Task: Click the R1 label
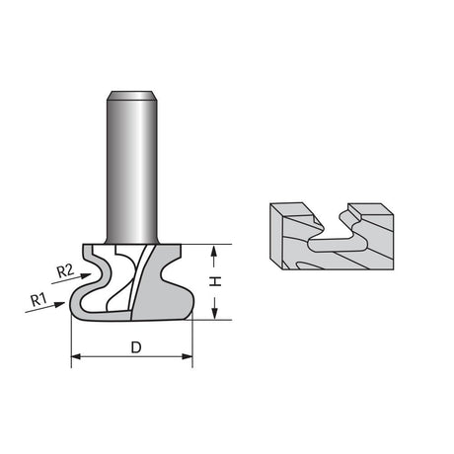point(38,300)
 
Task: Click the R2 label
point(65,271)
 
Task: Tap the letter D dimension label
point(136,347)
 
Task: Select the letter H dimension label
point(215,281)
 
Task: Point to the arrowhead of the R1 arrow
point(59,304)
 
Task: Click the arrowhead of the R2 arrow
point(86,275)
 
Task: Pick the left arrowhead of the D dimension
point(76,356)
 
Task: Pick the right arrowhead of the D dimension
point(188,356)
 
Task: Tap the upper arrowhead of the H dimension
point(214,251)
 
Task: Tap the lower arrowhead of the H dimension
point(214,314)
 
